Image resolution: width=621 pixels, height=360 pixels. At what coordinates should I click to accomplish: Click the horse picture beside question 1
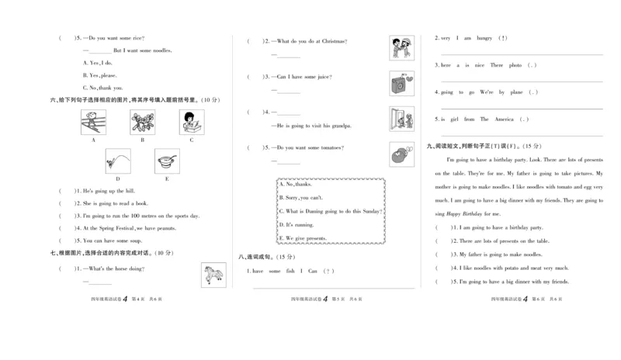(x=212, y=274)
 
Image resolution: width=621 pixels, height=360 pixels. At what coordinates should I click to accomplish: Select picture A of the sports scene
(x=93, y=122)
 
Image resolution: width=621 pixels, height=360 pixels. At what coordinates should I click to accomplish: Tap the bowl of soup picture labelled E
(x=167, y=161)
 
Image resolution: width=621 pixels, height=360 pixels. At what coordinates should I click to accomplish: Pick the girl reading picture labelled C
(x=192, y=122)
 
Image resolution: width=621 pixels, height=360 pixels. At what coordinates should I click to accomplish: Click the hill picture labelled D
(x=118, y=161)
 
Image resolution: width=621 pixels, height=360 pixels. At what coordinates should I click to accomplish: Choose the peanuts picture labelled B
(x=142, y=122)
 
